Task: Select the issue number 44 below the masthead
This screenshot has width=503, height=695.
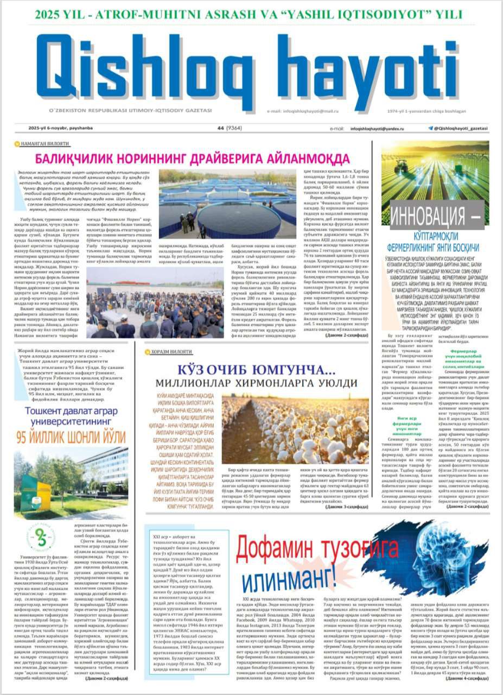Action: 220,128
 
